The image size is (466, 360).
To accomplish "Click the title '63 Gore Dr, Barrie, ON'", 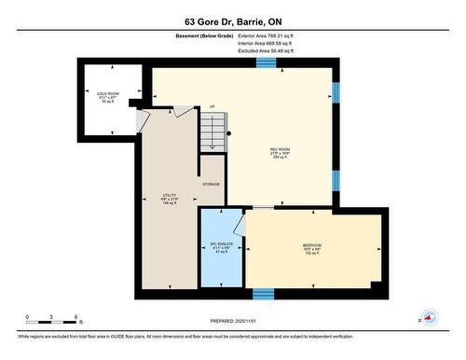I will click(x=232, y=21).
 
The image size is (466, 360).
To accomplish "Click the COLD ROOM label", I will click(x=108, y=95).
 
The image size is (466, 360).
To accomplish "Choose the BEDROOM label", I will click(x=311, y=248).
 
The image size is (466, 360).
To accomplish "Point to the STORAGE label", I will click(x=212, y=185).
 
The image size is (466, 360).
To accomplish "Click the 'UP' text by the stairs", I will click(x=212, y=107).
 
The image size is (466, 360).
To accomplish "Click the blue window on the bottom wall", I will click(x=264, y=294).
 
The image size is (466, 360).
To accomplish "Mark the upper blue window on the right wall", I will click(x=336, y=91).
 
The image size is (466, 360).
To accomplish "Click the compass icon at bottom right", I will click(x=431, y=317).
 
